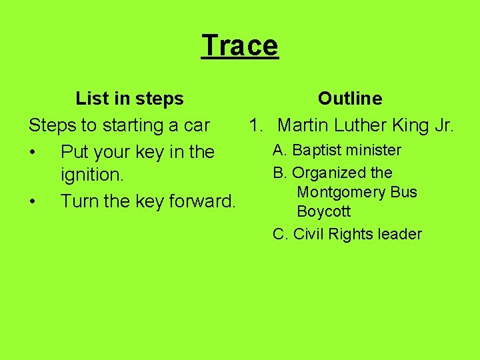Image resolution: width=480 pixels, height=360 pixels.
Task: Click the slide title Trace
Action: (x=239, y=45)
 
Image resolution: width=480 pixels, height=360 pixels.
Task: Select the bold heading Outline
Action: (x=350, y=99)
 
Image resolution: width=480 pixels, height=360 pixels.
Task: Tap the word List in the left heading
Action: (x=89, y=99)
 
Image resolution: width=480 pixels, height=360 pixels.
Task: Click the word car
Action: (x=195, y=125)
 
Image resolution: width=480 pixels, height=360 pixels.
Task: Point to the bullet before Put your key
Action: (x=33, y=152)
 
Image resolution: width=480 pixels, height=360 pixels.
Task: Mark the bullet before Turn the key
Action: (x=33, y=200)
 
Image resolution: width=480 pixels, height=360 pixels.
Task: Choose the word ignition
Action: (x=92, y=176)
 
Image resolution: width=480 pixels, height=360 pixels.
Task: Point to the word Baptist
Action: (x=316, y=150)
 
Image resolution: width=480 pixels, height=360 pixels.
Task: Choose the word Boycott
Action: (x=323, y=212)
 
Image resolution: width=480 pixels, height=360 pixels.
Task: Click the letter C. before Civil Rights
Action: (x=280, y=234)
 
